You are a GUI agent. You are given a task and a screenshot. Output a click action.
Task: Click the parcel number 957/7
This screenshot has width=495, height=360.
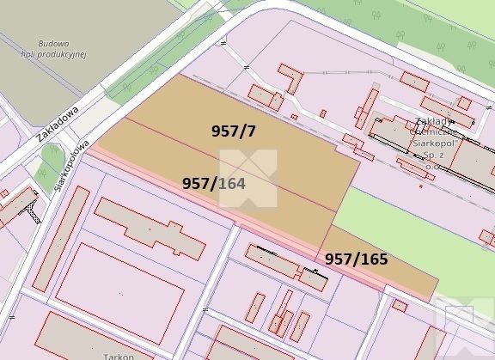(x=234, y=131)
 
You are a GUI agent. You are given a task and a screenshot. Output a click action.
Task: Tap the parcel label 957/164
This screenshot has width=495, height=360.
(x=219, y=183)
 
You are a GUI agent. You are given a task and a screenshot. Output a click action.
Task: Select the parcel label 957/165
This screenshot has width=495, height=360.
(x=356, y=258)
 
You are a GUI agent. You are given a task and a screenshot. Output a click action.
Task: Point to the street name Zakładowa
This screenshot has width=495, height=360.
(x=58, y=123)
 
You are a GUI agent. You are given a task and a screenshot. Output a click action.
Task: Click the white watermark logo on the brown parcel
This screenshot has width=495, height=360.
(x=248, y=178)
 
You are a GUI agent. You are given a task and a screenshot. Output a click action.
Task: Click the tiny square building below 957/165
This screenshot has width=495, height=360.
(x=399, y=305)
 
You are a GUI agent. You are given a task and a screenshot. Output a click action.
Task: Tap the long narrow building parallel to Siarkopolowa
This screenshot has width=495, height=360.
(x=62, y=236)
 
